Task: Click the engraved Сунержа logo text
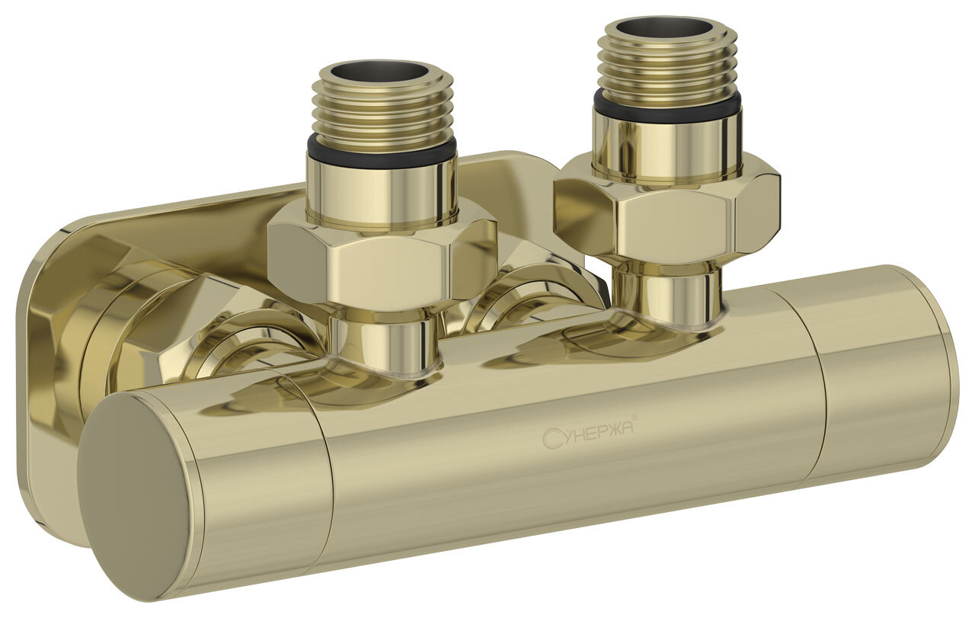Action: [588, 436]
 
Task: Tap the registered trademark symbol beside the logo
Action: [635, 418]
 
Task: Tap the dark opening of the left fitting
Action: [382, 71]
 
